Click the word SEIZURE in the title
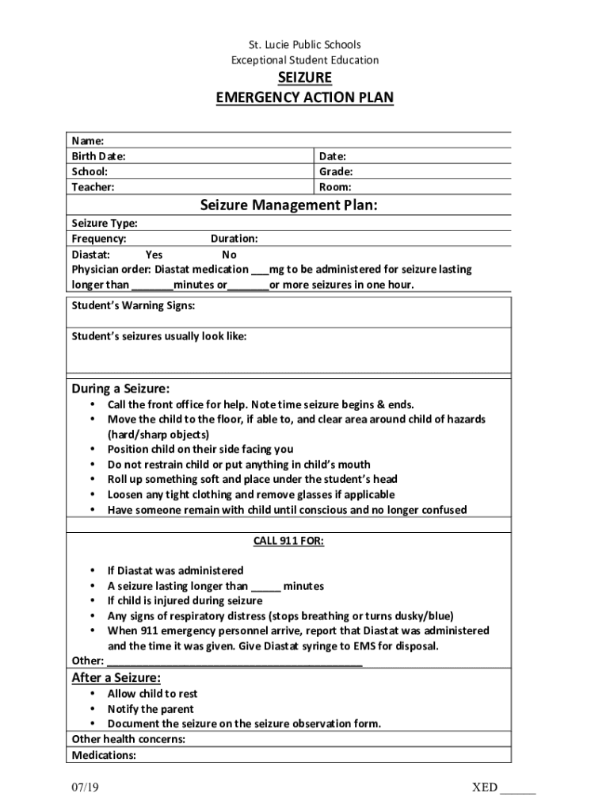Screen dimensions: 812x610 304,78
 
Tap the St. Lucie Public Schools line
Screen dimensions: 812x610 304,44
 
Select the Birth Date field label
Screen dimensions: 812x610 98,156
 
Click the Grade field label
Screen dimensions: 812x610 336,171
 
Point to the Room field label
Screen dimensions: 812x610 335,187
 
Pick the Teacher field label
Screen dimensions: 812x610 93,187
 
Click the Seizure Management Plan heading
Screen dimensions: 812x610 288,206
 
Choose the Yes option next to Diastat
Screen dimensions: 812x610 154,255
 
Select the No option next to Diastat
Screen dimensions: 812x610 229,255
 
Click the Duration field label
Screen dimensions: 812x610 234,239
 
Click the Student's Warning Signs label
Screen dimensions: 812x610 133,305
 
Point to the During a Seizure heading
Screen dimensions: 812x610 120,389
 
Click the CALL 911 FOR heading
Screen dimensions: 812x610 288,541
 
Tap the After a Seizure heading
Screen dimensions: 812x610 116,677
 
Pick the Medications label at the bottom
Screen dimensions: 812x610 104,755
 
